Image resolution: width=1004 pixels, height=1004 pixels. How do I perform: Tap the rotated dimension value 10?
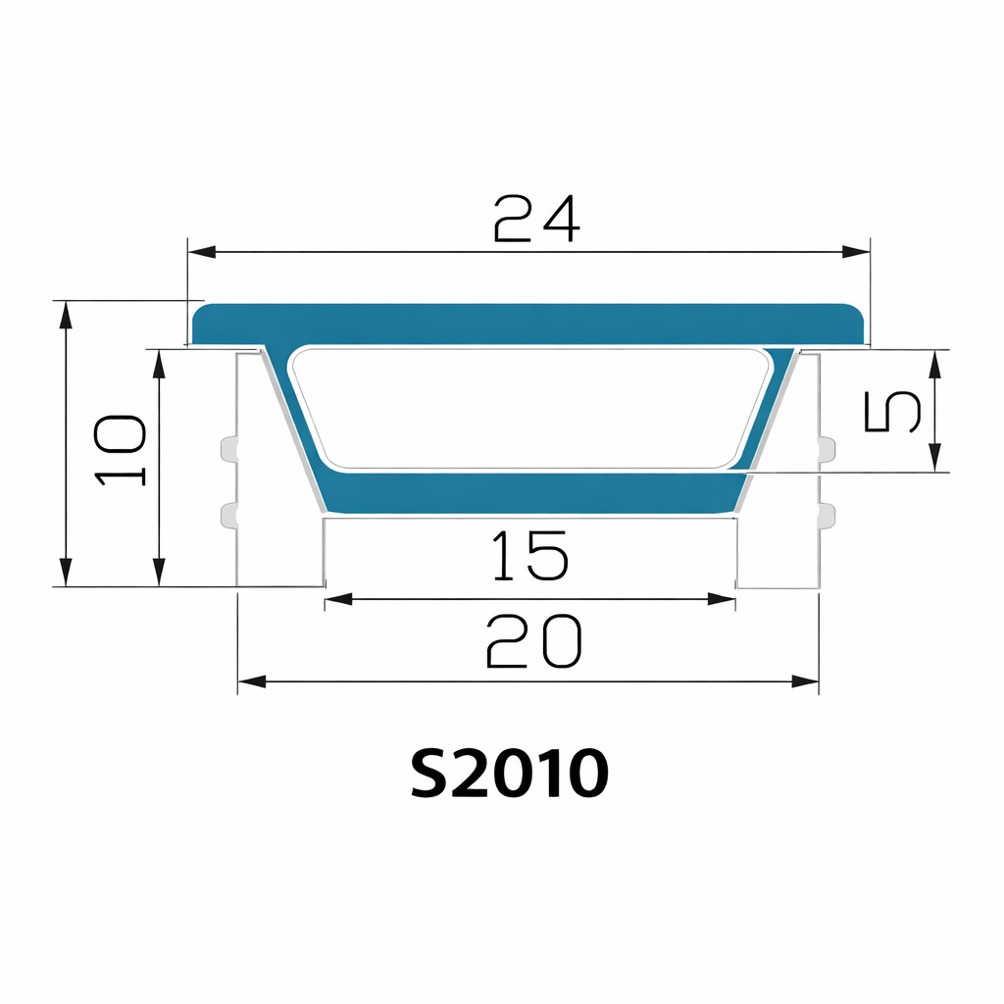pyautogui.click(x=122, y=450)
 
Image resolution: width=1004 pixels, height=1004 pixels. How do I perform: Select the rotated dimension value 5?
pyautogui.click(x=892, y=411)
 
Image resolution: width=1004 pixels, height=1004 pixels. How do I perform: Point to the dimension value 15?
pyautogui.click(x=529, y=555)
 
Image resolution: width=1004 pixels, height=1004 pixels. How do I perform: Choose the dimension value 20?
pyautogui.click(x=534, y=642)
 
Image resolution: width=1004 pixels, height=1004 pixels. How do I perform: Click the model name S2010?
pyautogui.click(x=509, y=774)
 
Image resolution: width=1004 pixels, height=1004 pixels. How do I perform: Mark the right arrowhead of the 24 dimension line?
pyautogui.click(x=856, y=252)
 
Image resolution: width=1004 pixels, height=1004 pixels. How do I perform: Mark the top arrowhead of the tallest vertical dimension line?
pyautogui.click(x=66, y=315)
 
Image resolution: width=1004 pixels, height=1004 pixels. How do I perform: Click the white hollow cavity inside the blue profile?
pyautogui.click(x=529, y=407)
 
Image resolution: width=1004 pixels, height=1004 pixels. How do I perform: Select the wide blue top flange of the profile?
pyautogui.click(x=529, y=323)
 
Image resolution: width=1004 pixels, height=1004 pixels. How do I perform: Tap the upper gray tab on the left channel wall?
pyautogui.click(x=228, y=450)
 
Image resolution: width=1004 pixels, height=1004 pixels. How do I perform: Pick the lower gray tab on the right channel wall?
pyautogui.click(x=827, y=515)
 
